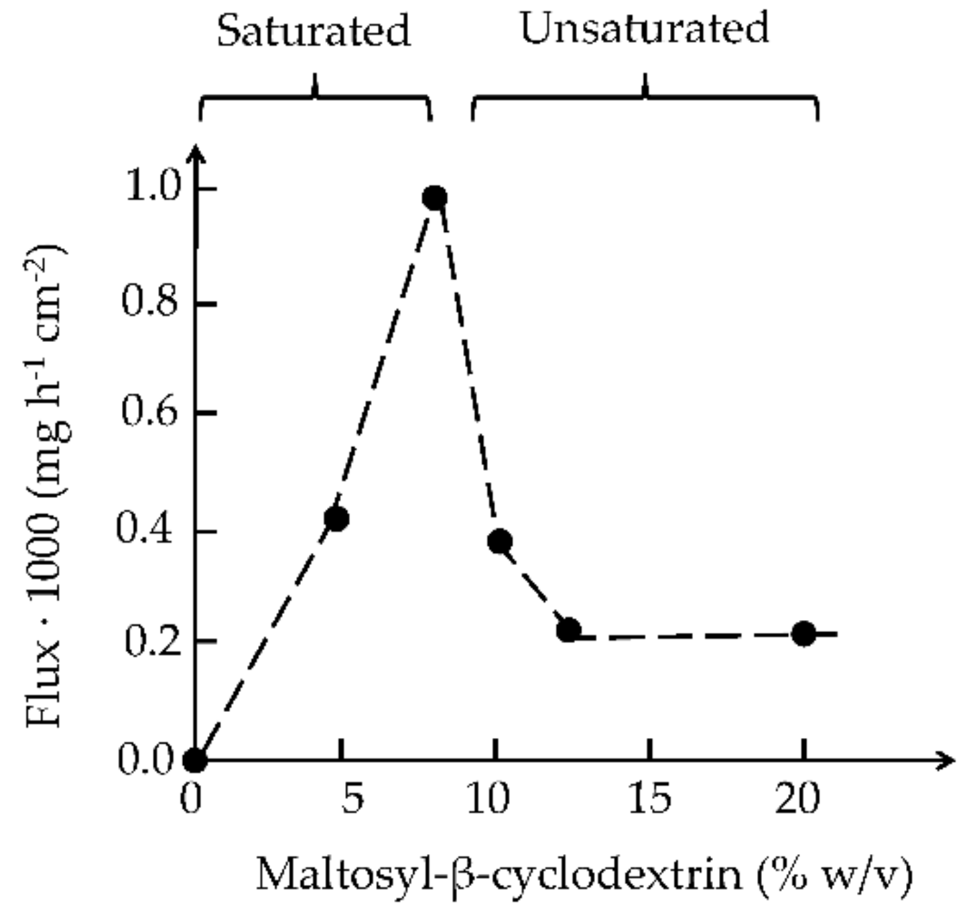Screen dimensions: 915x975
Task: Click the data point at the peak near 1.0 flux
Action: (435, 198)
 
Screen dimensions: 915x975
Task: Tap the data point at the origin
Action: (194, 760)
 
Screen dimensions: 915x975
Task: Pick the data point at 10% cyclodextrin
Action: (500, 541)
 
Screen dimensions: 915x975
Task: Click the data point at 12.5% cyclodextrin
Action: (568, 630)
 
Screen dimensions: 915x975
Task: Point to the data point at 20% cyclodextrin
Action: (804, 633)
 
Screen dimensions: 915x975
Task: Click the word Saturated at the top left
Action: (313, 31)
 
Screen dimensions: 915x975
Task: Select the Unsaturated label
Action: (644, 28)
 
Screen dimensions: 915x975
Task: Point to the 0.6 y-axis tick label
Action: (151, 412)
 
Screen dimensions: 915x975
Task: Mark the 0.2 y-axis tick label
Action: (153, 641)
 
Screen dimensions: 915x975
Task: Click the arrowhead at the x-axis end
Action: (946, 760)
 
